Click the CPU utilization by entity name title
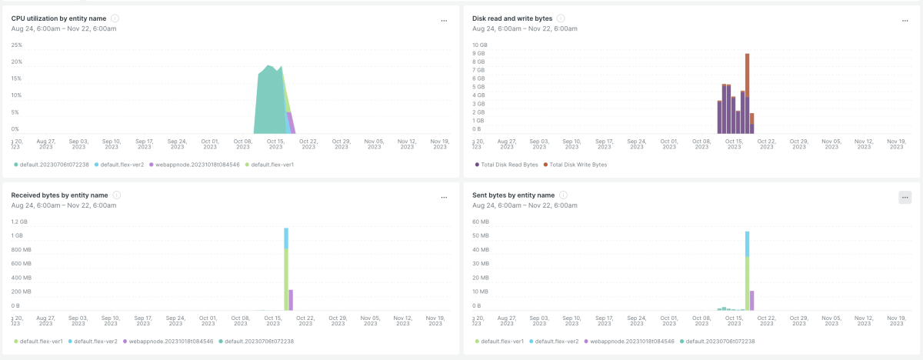pos(58,18)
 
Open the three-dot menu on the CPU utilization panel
pos(444,21)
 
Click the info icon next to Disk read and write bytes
pos(561,18)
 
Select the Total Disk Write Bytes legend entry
pos(575,165)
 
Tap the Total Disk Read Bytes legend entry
pos(506,165)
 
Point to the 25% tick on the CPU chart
pos(16,45)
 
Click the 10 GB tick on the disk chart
pos(480,45)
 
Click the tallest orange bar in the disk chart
pos(747,75)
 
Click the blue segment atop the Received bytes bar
pos(286,238)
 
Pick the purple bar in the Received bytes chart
pos(291,300)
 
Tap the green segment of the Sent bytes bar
pos(747,283)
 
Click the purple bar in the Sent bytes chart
pos(752,301)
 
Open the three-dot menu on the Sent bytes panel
pos(905,198)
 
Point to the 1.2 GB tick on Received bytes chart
pos(19,222)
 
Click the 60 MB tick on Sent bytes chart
pos(481,222)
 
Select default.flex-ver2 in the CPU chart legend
pos(119,165)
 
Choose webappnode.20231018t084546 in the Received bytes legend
pos(168,342)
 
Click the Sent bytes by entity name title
pos(514,195)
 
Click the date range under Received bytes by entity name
pos(63,205)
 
